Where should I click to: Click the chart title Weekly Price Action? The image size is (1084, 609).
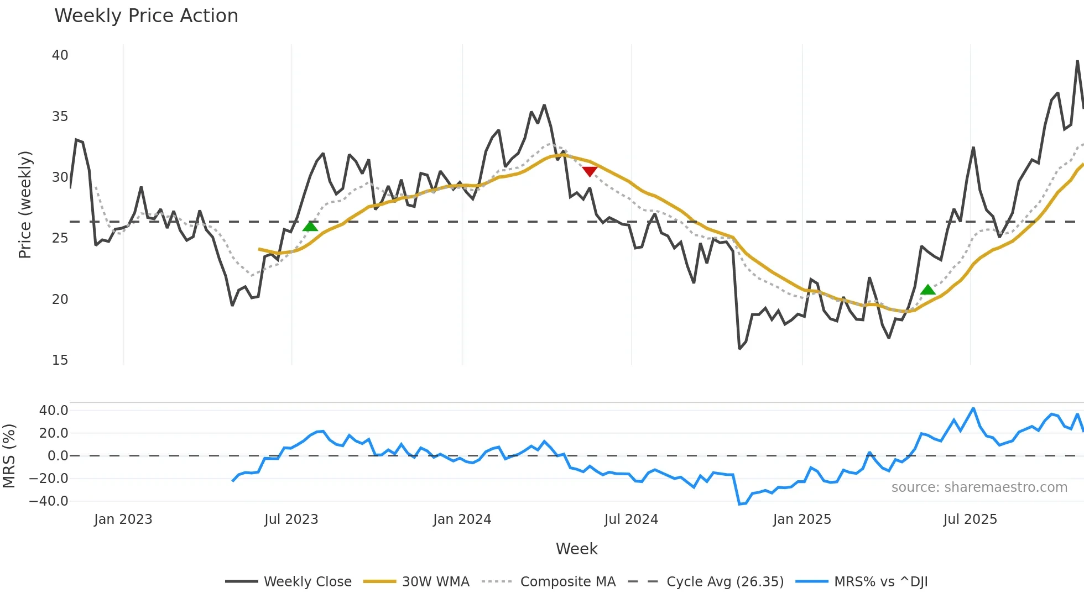pyautogui.click(x=146, y=16)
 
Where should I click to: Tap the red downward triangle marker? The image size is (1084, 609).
pyautogui.click(x=590, y=171)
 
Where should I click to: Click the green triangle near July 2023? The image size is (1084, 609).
pyautogui.click(x=310, y=226)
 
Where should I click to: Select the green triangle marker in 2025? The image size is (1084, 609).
pyautogui.click(x=927, y=290)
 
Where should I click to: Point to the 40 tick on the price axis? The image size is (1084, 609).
pyautogui.click(x=60, y=55)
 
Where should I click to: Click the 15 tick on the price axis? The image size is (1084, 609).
pyautogui.click(x=60, y=360)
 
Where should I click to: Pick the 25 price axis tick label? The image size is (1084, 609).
pyautogui.click(x=60, y=238)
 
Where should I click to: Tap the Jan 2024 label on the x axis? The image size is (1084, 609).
pyautogui.click(x=462, y=519)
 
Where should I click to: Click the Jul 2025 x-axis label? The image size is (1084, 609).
pyautogui.click(x=970, y=519)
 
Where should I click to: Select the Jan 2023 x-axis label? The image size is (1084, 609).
pyautogui.click(x=123, y=519)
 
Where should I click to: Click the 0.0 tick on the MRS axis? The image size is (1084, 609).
pyautogui.click(x=58, y=456)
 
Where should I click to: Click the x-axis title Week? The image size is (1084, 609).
pyautogui.click(x=576, y=549)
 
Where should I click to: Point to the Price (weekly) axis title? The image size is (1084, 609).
pyautogui.click(x=25, y=204)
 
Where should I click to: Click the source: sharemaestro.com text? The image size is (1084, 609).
pyautogui.click(x=979, y=487)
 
